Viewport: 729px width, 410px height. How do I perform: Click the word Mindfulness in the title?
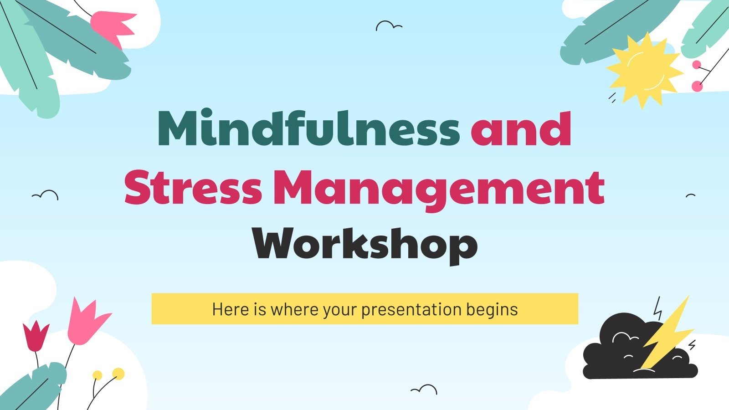pos(308,129)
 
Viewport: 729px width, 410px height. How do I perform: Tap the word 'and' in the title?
pos(521,129)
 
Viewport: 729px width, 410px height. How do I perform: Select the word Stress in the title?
pos(193,187)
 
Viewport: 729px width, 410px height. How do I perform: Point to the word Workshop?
pos(365,245)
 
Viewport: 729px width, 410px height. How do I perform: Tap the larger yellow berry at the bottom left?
pos(118,374)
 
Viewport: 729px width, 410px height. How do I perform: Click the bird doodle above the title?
pos(388,26)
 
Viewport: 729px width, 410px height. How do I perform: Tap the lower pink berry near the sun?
pos(697,86)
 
